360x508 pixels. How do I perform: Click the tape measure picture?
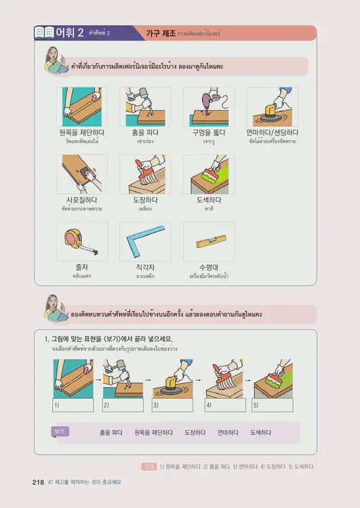pos(81,242)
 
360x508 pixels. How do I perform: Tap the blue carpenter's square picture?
pos(145,242)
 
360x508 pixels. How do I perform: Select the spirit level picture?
pos(209,241)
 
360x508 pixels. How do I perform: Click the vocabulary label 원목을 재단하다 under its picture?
pos(81,133)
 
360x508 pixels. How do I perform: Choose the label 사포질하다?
pos(81,200)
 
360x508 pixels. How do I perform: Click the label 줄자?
pos(81,268)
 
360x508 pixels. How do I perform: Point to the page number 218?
pos(38,482)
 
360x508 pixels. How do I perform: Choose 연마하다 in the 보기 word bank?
pos(227,432)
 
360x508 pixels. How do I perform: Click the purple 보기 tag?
pos(60,431)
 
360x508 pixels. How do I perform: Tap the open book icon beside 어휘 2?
pos(43,33)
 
